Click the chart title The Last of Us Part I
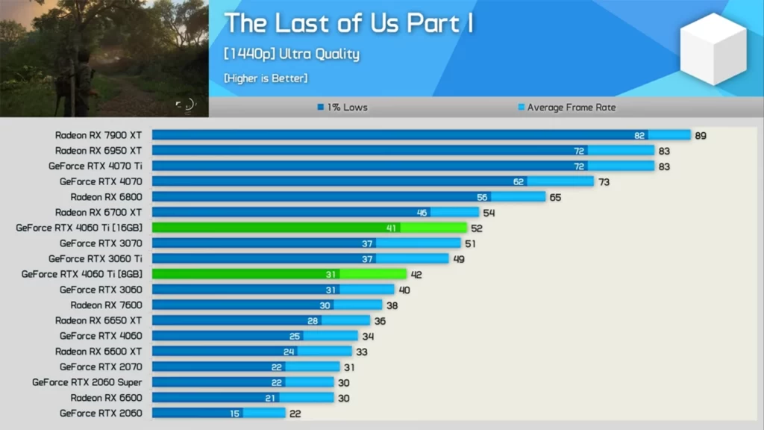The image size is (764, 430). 349,23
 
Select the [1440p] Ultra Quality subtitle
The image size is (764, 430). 292,54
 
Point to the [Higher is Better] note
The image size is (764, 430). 266,78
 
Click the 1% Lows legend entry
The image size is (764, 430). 343,107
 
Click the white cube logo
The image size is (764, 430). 713,49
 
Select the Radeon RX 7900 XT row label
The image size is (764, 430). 98,135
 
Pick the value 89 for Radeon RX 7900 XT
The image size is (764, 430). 700,136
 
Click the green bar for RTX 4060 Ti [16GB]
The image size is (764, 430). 310,228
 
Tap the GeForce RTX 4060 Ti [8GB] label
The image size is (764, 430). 82,274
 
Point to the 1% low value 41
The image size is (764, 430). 392,228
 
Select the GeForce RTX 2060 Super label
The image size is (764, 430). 87,382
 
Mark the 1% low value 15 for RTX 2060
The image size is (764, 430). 235,414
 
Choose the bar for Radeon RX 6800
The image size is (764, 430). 348,197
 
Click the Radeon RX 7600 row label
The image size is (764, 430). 106,305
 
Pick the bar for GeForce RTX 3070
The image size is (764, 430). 306,243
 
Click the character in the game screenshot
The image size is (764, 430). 84,75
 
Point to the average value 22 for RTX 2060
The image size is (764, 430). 295,414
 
